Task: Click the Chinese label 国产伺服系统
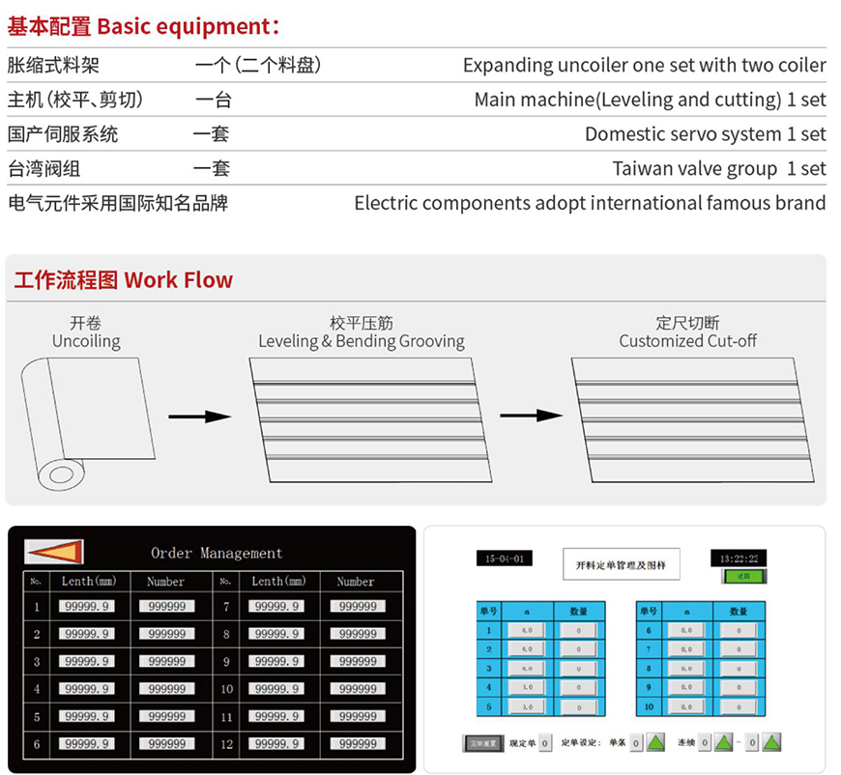(63, 134)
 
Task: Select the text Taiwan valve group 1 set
(719, 169)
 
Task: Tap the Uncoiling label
(86, 341)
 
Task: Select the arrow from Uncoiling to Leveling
(199, 416)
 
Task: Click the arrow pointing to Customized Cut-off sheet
(531, 416)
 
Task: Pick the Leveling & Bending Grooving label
(361, 341)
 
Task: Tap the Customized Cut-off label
(687, 341)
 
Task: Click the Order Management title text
(217, 554)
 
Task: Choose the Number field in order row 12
(358, 744)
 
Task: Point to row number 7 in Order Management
(225, 607)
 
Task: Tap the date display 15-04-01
(504, 560)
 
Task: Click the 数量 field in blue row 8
(739, 669)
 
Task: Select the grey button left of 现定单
(482, 743)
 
